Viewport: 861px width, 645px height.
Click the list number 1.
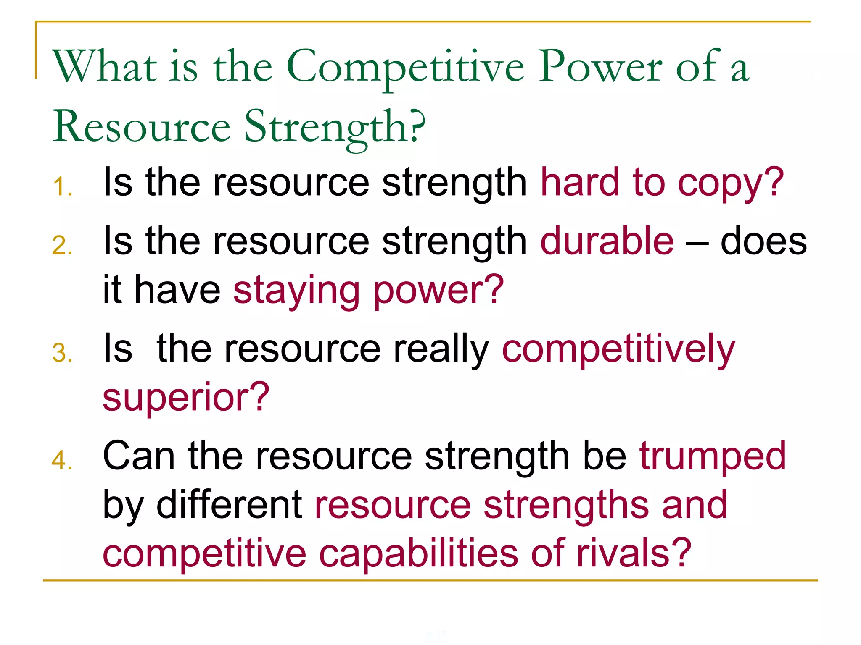(x=63, y=186)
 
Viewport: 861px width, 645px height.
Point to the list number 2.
(x=62, y=245)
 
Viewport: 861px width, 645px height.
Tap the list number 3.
(x=62, y=353)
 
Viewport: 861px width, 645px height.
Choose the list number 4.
(x=62, y=460)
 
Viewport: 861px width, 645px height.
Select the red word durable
(x=607, y=241)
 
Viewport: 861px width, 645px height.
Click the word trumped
(x=712, y=457)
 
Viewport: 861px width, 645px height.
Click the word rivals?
(x=634, y=553)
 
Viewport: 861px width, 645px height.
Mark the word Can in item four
(x=139, y=456)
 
